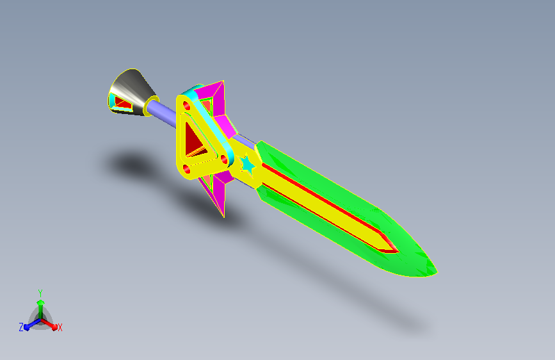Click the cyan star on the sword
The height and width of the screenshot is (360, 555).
pos(248,165)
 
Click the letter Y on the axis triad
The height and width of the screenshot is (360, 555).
pos(40,293)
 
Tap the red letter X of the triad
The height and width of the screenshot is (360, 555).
pos(60,327)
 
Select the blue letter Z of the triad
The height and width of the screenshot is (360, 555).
pos(21,327)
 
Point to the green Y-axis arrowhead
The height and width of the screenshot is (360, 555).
pos(41,302)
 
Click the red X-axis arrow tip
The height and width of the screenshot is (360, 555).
pos(54,327)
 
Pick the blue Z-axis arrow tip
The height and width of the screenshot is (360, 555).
pos(27,327)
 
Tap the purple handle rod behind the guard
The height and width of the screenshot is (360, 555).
pos(161,113)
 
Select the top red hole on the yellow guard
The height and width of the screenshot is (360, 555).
pos(186,106)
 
